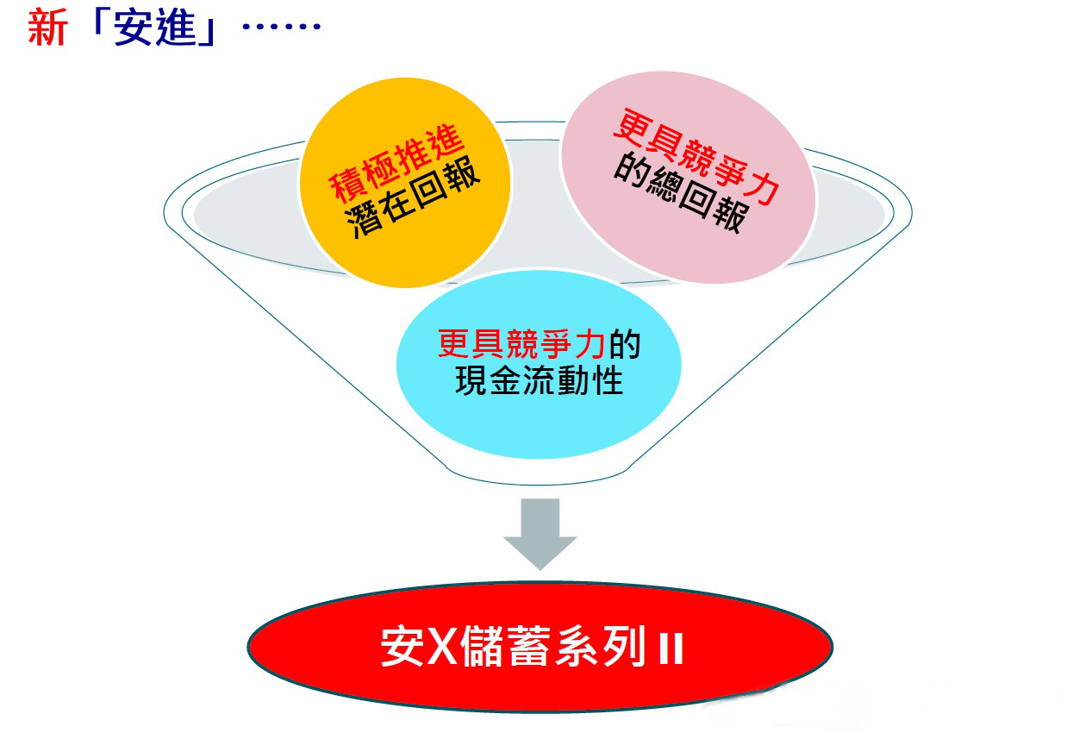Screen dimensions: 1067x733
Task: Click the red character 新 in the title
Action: (47, 28)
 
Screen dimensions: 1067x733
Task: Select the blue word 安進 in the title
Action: (154, 28)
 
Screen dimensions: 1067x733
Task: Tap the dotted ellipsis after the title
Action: (282, 26)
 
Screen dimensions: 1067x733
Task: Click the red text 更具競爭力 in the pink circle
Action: (696, 156)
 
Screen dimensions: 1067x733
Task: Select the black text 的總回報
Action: (682, 193)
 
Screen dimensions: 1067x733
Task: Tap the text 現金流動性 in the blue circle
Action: (539, 380)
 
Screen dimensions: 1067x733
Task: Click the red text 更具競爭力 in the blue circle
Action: (521, 343)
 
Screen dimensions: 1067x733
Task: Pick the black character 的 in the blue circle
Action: (625, 344)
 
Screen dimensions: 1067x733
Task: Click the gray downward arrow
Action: (540, 533)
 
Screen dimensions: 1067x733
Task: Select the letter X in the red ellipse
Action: (442, 646)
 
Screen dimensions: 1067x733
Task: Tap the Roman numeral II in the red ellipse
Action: (671, 648)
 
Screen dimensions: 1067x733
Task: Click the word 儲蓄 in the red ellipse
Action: (505, 646)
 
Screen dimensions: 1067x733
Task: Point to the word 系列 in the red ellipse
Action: (601, 646)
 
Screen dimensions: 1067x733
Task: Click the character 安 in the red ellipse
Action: (402, 646)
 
